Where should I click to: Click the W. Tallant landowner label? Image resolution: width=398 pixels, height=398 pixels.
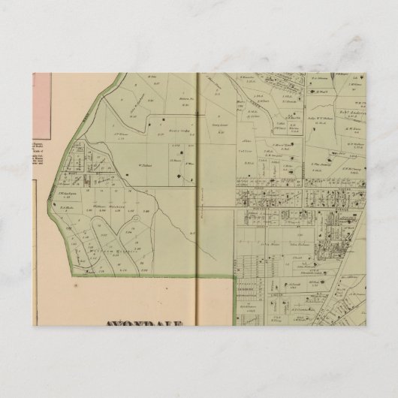pos(146,157)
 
